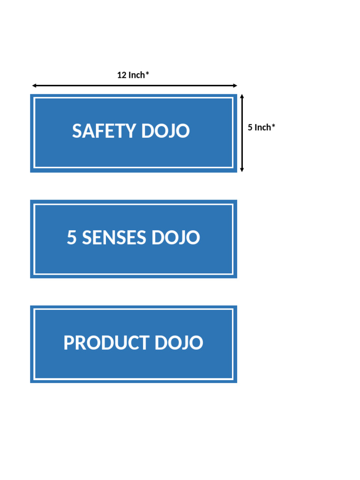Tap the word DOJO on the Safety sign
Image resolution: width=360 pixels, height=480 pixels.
165,131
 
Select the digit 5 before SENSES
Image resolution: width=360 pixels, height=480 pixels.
72,238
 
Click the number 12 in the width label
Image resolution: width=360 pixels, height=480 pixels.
122,75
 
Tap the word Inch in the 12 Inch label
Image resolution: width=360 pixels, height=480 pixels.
137,75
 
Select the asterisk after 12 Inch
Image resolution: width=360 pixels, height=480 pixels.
148,74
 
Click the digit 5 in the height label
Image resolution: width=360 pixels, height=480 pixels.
250,127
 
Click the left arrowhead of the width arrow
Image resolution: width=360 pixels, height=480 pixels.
34,86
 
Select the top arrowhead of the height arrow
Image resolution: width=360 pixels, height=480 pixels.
242,96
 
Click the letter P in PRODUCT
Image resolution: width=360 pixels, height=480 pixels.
68,343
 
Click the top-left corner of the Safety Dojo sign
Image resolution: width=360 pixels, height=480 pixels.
31,95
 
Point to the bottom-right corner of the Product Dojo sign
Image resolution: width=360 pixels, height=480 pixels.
236,382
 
